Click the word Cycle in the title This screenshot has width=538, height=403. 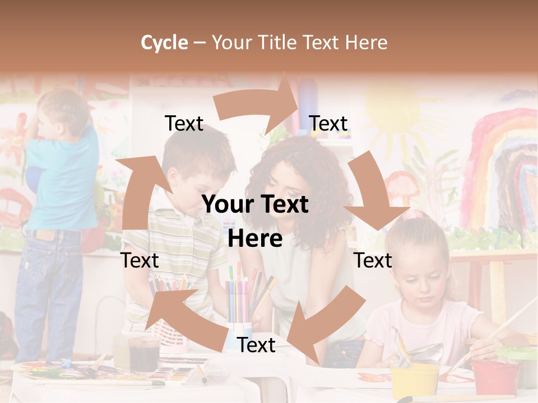click(164, 43)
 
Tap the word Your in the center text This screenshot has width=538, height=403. click(228, 205)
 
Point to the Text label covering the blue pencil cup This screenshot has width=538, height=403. click(256, 345)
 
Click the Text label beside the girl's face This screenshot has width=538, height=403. click(373, 260)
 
